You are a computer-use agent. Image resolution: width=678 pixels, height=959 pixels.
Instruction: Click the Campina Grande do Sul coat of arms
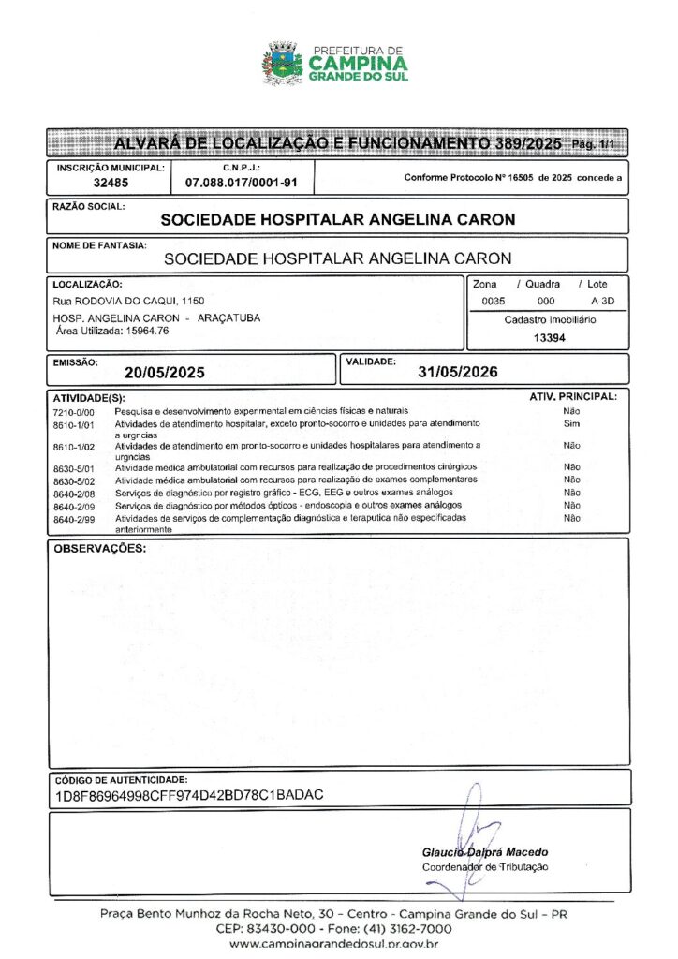(282, 63)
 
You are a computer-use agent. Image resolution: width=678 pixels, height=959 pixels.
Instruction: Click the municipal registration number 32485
(111, 184)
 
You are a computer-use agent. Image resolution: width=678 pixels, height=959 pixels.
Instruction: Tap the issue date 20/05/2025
(165, 372)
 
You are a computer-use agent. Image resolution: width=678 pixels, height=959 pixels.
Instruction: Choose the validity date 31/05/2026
(458, 371)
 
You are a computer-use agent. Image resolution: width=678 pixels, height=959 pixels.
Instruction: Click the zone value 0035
(494, 302)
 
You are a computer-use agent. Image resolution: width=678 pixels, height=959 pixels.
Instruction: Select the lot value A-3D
(603, 302)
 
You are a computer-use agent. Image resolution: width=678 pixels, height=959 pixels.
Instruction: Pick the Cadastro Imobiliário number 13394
(550, 338)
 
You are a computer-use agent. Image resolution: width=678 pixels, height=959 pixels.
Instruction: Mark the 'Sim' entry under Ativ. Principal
(571, 424)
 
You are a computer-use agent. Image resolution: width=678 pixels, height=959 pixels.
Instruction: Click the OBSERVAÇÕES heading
(100, 548)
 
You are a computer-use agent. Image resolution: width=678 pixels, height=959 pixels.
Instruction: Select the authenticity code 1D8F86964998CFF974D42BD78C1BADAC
(189, 795)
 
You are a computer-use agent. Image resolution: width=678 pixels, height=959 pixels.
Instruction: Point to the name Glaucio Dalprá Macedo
(485, 852)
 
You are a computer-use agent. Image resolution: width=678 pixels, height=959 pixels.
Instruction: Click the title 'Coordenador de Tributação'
(485, 867)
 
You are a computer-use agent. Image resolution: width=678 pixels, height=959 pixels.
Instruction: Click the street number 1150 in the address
(194, 302)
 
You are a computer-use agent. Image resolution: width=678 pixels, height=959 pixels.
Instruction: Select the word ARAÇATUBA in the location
(229, 318)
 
